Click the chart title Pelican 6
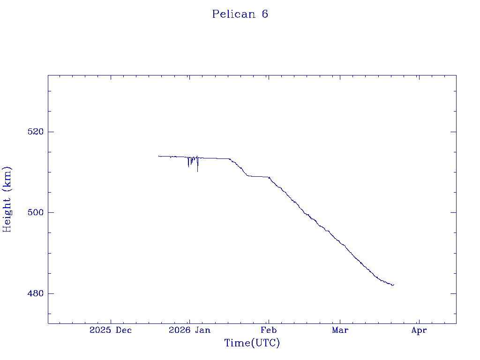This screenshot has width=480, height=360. point(240,14)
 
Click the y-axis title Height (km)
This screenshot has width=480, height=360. point(7,199)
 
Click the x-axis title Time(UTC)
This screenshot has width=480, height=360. point(252,343)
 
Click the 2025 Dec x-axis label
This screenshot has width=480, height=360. point(111,330)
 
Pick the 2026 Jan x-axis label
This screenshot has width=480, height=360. point(189,330)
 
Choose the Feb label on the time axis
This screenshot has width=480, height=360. point(269,330)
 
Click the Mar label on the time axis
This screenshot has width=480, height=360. point(340,330)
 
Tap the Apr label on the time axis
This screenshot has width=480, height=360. point(419,330)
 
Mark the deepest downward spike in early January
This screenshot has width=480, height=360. point(197,172)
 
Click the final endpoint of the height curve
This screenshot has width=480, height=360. point(394,285)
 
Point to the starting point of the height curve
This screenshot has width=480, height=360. point(158,156)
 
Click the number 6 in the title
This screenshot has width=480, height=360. point(265,14)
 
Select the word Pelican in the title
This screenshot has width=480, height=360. point(233,14)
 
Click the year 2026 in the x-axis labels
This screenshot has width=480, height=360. point(180,330)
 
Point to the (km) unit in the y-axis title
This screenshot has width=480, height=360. point(7,178)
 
